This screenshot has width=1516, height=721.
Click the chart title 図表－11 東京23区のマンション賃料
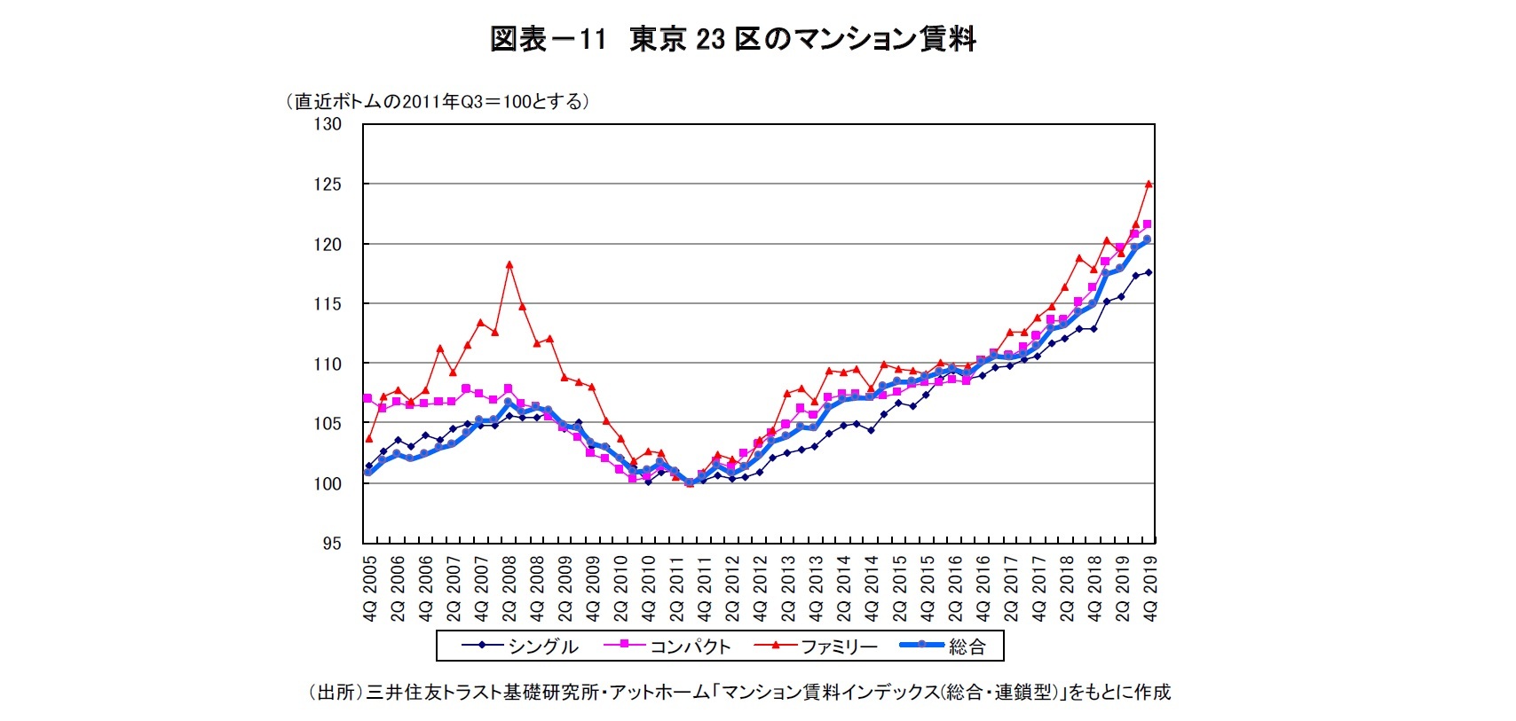(x=733, y=39)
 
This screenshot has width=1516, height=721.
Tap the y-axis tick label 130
(x=327, y=124)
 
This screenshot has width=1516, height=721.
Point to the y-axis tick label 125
(x=327, y=184)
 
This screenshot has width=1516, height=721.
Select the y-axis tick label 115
(x=327, y=304)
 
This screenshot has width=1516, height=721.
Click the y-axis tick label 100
(x=327, y=484)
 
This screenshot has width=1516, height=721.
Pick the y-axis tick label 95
(x=330, y=544)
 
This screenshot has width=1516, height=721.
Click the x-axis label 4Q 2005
(x=371, y=589)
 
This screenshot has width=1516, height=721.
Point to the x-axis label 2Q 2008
(x=510, y=589)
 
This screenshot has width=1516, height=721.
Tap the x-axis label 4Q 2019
(x=1151, y=589)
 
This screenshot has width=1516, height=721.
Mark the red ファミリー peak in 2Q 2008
(x=509, y=263)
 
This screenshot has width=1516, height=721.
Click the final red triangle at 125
(x=1149, y=184)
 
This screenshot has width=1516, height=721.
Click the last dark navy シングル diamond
(x=1149, y=272)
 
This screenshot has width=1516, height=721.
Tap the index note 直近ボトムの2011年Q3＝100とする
(x=437, y=101)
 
